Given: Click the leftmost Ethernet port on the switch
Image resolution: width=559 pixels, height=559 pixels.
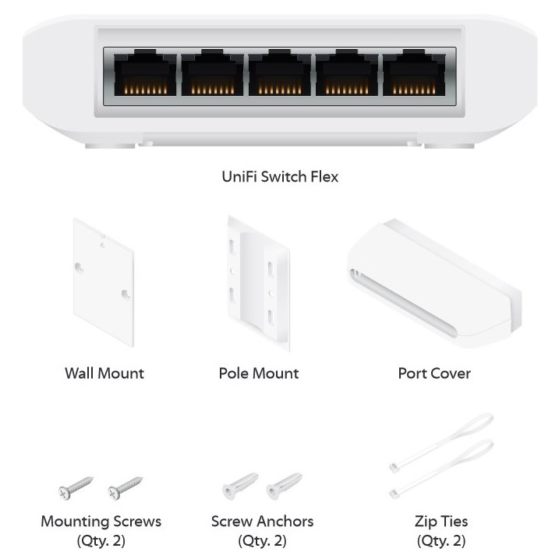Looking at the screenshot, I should pos(145,75).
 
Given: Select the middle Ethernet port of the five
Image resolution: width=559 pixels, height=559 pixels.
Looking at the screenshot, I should pos(279,75).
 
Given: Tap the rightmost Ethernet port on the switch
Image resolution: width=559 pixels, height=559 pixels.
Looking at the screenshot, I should pos(413,75).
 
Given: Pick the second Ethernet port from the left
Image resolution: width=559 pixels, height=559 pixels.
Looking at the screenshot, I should pos(212,75).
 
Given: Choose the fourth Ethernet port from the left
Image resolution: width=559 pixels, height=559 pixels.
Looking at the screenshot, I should pos(346,75).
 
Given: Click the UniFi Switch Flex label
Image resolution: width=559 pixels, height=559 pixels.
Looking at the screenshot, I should pos(280,177).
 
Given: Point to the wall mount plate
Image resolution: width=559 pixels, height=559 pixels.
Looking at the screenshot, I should pos(104,281).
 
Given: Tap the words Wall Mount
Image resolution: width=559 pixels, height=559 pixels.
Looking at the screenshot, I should pos(104,373).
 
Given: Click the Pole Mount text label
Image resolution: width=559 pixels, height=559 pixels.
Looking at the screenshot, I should pos(259,373).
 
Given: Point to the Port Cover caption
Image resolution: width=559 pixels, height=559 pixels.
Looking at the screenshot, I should pos(434,373).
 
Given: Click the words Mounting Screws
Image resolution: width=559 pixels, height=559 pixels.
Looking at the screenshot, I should pos(101,521).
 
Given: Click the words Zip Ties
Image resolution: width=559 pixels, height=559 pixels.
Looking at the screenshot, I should pos(441,521).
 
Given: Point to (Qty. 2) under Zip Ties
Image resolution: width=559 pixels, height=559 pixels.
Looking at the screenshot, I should pos(441,540).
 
